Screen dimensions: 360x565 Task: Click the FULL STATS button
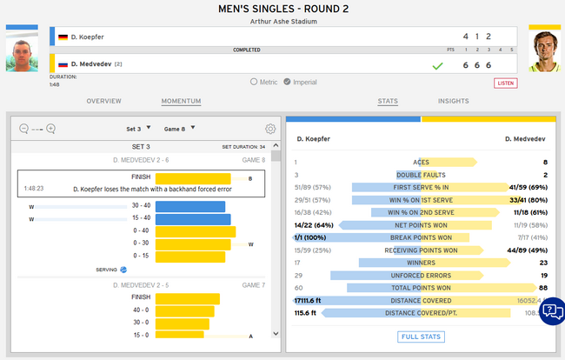422,337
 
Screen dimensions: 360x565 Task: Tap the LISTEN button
505,83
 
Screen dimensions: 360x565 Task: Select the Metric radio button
254,82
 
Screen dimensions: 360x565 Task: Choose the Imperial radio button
287,82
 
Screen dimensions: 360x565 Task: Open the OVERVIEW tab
103,101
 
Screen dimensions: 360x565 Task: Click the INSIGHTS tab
454,101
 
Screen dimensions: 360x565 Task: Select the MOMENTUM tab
181,101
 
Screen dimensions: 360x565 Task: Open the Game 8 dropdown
179,128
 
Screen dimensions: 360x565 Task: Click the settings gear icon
270,129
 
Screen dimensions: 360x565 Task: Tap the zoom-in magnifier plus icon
50,129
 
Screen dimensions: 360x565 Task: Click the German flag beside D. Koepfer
63,37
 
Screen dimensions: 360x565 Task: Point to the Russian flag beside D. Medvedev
63,63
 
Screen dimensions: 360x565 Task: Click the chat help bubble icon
551,311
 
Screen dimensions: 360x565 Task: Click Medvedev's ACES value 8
544,162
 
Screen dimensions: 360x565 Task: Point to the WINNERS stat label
421,261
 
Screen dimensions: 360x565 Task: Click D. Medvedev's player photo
544,52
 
